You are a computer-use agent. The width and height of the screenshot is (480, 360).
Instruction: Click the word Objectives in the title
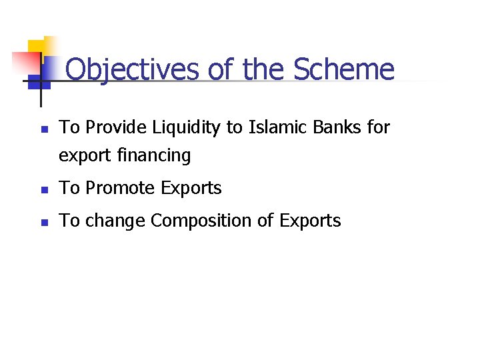[133, 69]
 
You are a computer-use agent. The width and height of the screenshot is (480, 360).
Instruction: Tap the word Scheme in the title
[343, 69]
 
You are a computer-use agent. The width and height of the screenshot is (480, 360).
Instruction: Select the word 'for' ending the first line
[378, 127]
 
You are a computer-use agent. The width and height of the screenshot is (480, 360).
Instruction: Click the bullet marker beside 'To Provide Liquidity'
[44, 128]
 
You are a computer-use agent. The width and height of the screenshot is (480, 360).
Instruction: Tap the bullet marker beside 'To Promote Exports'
[44, 189]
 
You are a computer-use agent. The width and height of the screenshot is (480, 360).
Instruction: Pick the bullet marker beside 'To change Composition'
[44, 222]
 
